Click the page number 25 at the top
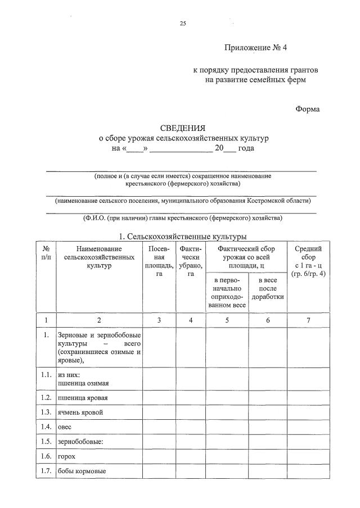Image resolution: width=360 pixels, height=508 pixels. point(182,24)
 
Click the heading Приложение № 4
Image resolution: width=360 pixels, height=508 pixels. point(255,48)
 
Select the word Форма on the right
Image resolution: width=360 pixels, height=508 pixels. point(307,109)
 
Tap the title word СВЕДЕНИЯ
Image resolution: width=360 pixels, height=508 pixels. point(183,128)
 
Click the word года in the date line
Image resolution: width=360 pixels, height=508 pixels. point(246,148)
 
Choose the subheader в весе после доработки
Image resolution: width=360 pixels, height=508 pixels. point(267,288)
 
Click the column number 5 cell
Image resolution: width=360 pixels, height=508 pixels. point(227,320)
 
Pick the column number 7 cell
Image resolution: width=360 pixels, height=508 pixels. point(308,320)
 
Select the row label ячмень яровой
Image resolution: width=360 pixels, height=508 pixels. point(80,412)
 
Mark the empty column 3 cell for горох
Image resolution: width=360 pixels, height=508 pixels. point(160,456)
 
